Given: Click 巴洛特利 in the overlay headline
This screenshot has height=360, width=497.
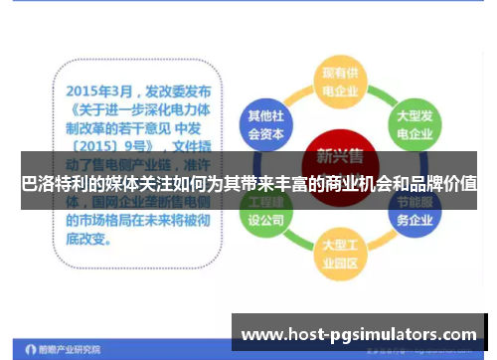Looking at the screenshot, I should pyautogui.click(x=58, y=184).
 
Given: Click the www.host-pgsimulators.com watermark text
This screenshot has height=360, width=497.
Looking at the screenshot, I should pyautogui.click(x=360, y=333).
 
